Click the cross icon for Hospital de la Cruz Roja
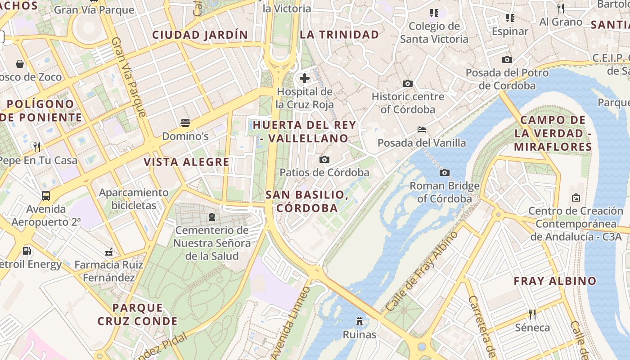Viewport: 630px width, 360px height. (x=305, y=78)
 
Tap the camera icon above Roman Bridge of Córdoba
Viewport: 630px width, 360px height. (x=444, y=172)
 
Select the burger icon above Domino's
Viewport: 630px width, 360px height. (x=185, y=123)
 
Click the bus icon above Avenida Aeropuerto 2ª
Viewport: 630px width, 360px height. (x=46, y=196)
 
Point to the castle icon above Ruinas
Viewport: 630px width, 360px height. (x=359, y=321)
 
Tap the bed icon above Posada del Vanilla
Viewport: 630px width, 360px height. (x=422, y=130)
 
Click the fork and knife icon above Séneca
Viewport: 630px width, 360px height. (x=532, y=314)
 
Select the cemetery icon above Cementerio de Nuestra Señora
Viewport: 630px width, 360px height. (x=211, y=217)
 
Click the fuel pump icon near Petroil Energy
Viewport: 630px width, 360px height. (x=27, y=251)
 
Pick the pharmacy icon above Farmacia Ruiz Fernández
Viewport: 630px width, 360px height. (x=108, y=252)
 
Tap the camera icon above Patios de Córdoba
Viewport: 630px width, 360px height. (x=324, y=159)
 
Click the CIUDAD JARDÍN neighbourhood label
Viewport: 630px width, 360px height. (x=200, y=35)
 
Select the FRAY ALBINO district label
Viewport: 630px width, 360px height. (x=555, y=281)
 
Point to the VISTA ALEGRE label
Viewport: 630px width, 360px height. (x=186, y=162)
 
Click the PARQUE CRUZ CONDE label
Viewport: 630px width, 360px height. (x=137, y=315)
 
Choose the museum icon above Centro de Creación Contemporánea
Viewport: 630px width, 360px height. (x=576, y=197)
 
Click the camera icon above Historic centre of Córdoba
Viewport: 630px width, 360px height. (x=408, y=83)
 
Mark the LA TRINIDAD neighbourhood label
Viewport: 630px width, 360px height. (x=339, y=35)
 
